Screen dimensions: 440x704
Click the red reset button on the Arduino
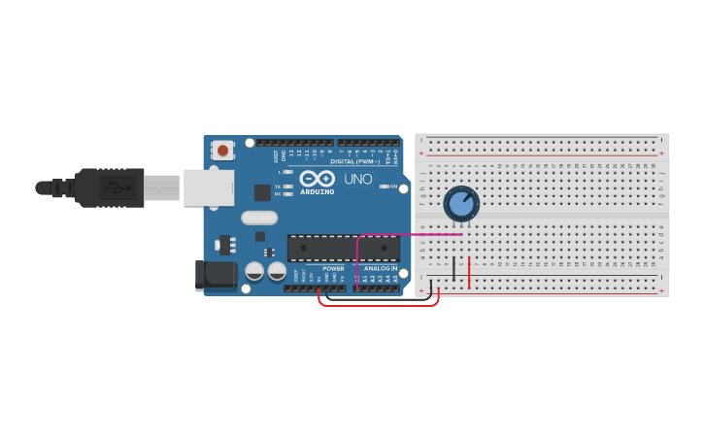pyautogui.click(x=223, y=151)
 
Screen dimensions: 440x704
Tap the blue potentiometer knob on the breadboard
pyautogui.click(x=461, y=204)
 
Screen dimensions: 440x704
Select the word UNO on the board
pyautogui.click(x=358, y=179)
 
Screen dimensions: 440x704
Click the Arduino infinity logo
pyautogui.click(x=317, y=179)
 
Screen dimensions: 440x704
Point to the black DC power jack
pyautogui.click(x=216, y=274)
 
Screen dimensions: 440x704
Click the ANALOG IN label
pyautogui.click(x=381, y=268)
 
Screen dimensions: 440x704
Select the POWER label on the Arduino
pyautogui.click(x=333, y=268)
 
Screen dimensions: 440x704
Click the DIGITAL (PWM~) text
pyautogui.click(x=354, y=161)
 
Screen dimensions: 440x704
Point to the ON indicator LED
pyautogui.click(x=385, y=186)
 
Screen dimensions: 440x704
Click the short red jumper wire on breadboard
pyautogui.click(x=470, y=273)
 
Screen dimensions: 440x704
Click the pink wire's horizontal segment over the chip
pyautogui.click(x=408, y=234)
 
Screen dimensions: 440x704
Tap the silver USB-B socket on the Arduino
pyautogui.click(x=208, y=187)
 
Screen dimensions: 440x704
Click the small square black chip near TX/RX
pyautogui.click(x=262, y=192)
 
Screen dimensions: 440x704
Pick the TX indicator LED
pyautogui.click(x=288, y=186)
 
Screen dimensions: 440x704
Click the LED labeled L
pyautogui.click(x=288, y=172)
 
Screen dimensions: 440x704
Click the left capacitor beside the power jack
pyautogui.click(x=254, y=271)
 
